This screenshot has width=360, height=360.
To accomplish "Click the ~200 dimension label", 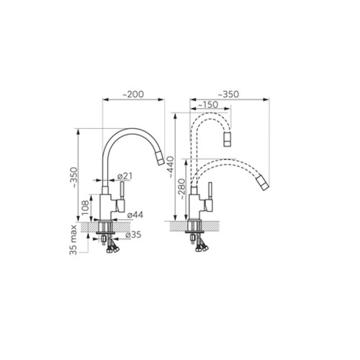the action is coord(133,94).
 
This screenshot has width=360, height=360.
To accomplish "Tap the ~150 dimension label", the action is coord(208,104).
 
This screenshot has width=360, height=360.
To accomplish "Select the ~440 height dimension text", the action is coord(171,167).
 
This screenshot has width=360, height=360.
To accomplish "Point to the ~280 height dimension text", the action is coord(182,189).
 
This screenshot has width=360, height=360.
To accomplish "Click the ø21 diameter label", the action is coord(125,176).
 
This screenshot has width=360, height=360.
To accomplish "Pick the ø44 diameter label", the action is coord(135,215).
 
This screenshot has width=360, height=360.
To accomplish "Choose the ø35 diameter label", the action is coord(133,235).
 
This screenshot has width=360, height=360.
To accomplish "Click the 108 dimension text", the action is coord(85,207).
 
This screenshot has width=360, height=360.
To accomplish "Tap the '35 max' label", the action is coord(73,240).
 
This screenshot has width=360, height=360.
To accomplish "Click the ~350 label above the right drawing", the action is coord(228,94).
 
